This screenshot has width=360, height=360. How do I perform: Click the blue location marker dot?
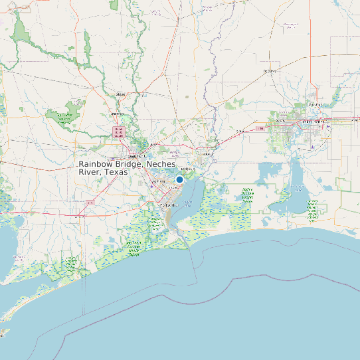coord(179,179)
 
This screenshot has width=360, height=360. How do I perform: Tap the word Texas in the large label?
coord(115,172)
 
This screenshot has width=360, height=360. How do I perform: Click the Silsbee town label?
coord(120,95)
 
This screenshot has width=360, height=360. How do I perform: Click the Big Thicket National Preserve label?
coord(64,118)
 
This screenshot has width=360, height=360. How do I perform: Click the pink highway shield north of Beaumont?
coord(119,131)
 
